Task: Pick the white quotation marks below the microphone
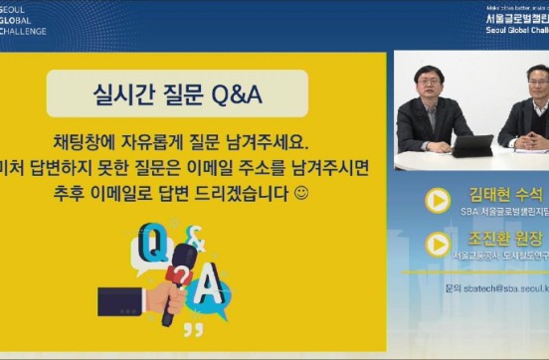[192, 326]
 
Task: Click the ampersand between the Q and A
[197, 238]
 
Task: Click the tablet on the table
[473, 145]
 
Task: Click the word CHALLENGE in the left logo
[24, 31]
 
